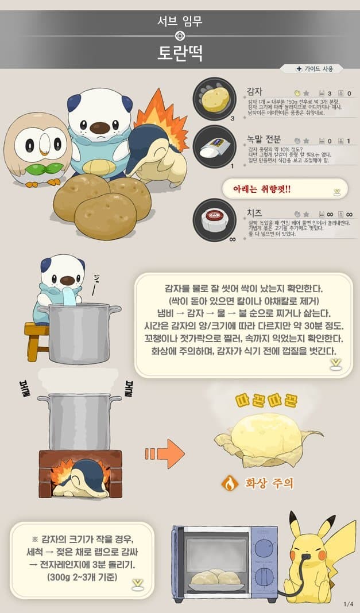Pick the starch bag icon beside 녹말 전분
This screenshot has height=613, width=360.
point(215,147)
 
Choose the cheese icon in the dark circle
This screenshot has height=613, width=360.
point(215,219)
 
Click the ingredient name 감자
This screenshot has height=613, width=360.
point(254,91)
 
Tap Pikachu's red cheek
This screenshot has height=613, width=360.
point(323,556)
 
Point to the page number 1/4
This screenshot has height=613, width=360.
point(348,603)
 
